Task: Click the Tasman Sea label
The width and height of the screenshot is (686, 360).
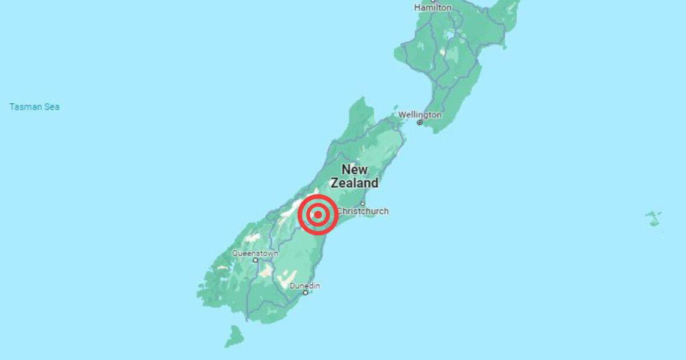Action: click(34, 107)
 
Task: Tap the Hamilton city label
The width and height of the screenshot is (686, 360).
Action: click(433, 7)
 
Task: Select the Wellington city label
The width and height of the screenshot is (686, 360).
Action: click(420, 114)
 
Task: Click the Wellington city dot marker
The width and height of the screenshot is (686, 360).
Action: click(420, 122)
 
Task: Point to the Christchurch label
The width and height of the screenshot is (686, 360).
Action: click(363, 211)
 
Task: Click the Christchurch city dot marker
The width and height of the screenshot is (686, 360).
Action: click(363, 203)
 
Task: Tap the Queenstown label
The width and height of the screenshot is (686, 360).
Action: click(255, 253)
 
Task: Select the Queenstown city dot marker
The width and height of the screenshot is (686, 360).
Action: click(255, 260)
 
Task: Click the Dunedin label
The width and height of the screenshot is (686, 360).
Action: click(305, 286)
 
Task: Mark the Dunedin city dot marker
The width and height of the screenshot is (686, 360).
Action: click(305, 293)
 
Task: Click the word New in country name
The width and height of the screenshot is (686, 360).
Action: click(355, 169)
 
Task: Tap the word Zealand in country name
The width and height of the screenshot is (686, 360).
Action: click(355, 183)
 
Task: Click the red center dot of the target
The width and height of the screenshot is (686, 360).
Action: click(318, 214)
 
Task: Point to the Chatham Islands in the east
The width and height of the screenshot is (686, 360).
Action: click(654, 217)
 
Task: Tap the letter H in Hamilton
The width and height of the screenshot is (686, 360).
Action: click(417, 7)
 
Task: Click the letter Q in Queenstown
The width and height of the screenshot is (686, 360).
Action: click(235, 253)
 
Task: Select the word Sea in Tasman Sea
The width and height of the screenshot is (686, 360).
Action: click(52, 107)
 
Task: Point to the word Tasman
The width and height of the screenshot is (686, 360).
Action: click(26, 107)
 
